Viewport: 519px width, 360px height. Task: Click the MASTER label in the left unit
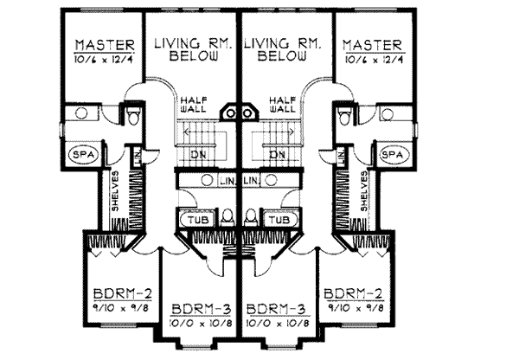coord(104,44)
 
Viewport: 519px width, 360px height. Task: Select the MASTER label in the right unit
coord(371,44)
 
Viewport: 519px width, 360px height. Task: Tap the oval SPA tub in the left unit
coord(82,154)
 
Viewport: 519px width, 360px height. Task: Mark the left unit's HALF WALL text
coord(193,106)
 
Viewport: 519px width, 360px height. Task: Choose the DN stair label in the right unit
coord(277,154)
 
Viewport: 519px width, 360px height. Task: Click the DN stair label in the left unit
coord(198,154)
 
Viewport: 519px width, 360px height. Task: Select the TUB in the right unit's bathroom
coord(278,220)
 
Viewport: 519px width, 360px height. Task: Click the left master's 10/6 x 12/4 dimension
coord(104,59)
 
